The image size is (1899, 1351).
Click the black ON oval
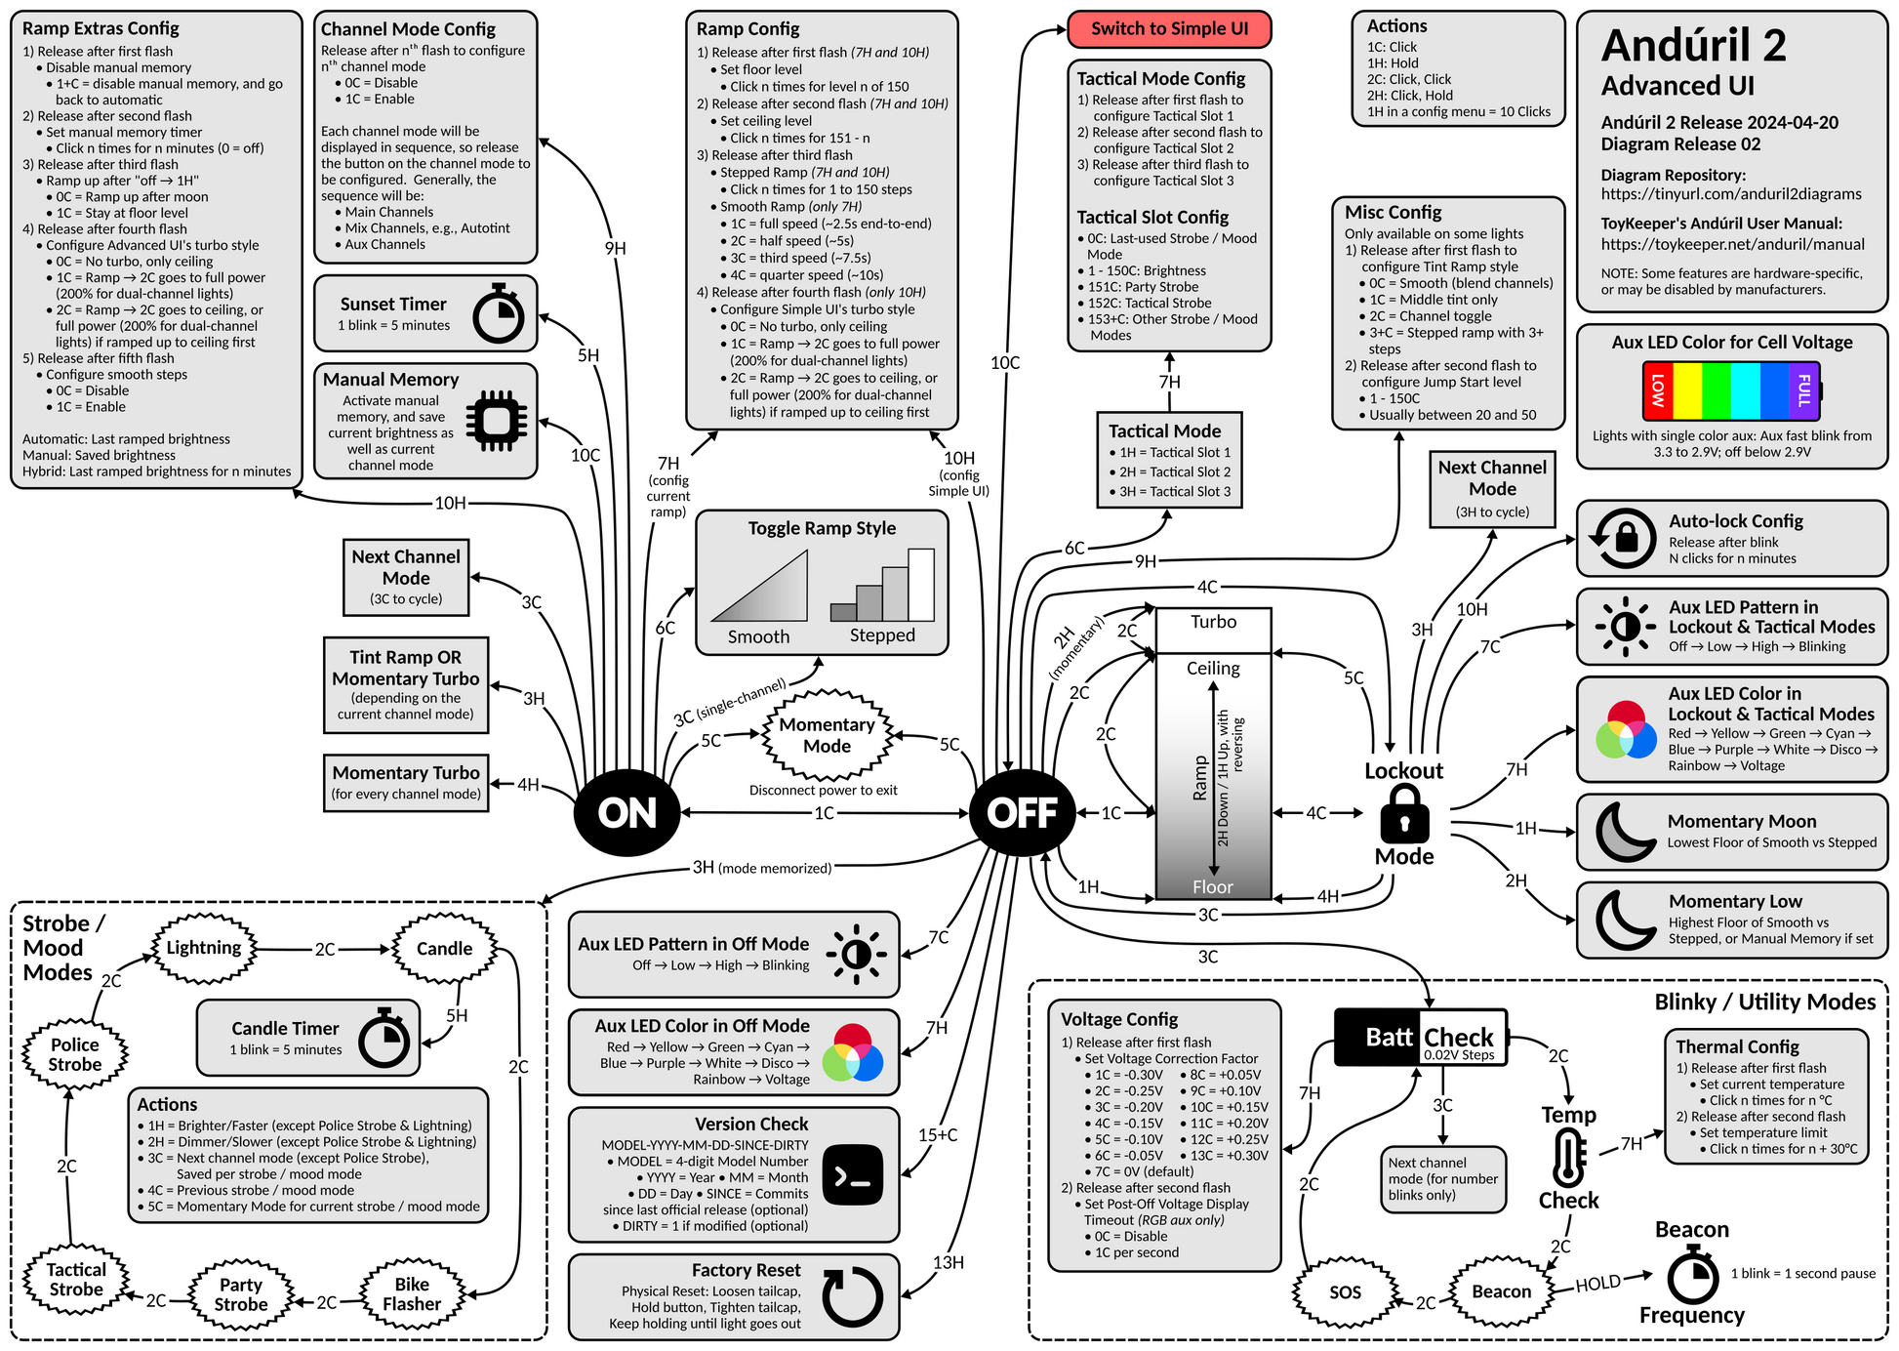click(x=626, y=812)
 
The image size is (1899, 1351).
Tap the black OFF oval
click(x=1022, y=812)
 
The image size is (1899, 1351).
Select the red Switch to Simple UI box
click(x=1169, y=29)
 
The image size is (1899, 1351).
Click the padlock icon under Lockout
click(x=1404, y=814)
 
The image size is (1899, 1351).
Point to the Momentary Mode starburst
click(x=827, y=735)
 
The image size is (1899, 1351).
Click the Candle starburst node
click(x=444, y=949)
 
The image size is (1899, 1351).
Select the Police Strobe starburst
click(x=75, y=1054)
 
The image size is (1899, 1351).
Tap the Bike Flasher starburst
click(x=412, y=1294)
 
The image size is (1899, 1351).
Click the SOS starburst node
click(x=1345, y=1292)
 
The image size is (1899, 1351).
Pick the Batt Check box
click(x=1421, y=1037)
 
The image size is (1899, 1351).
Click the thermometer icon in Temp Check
click(x=1568, y=1158)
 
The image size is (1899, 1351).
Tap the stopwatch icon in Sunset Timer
click(x=498, y=314)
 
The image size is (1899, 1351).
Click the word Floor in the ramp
click(x=1213, y=887)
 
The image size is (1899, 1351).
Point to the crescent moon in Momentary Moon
click(x=1624, y=832)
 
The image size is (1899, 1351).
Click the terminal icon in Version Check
click(x=853, y=1175)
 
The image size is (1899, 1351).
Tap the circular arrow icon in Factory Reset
click(x=852, y=1296)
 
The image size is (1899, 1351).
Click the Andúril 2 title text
click(x=1693, y=46)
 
